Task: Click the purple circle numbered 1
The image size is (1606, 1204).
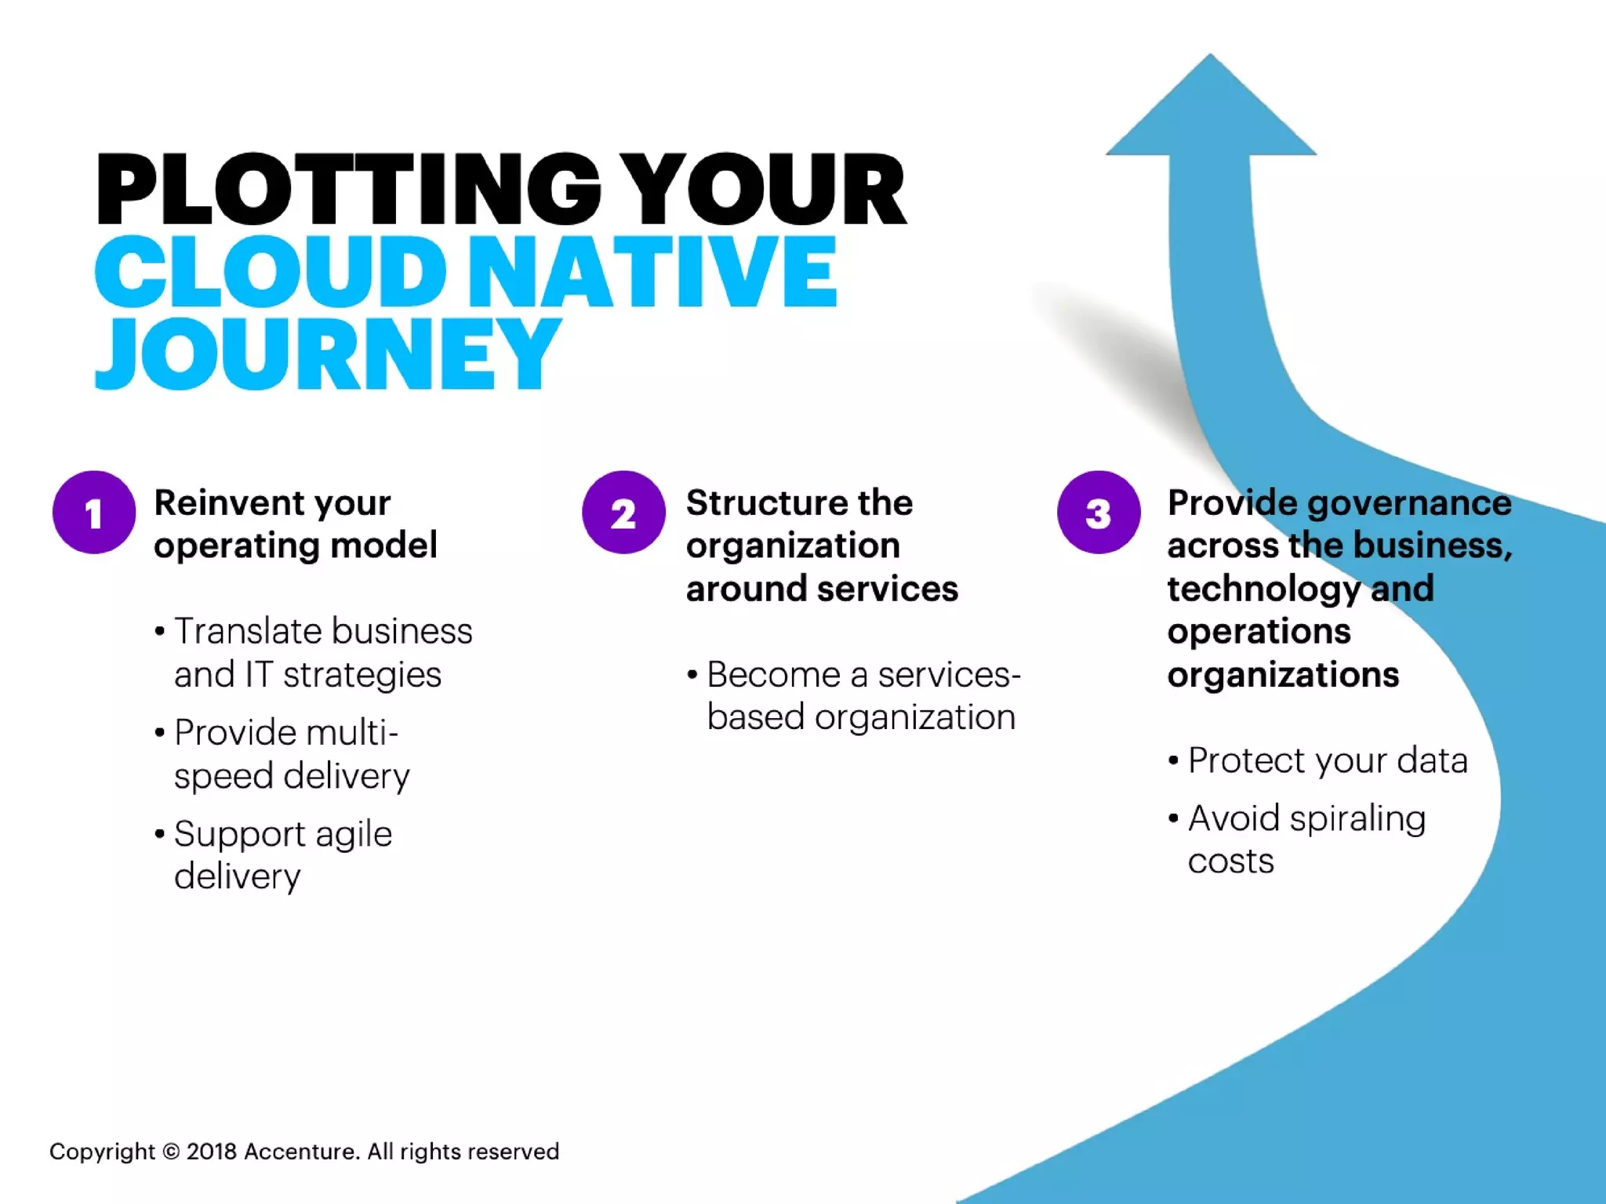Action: point(94,513)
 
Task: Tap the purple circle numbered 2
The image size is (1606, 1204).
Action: point(623,513)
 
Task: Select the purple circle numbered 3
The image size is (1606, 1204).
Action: point(1098,513)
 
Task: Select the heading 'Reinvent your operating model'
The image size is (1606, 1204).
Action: point(295,524)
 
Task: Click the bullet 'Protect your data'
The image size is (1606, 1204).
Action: point(1327,760)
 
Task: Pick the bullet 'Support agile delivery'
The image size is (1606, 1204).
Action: point(282,854)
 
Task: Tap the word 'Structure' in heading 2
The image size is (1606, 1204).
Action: point(761,503)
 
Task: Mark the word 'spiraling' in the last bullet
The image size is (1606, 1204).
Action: point(1357,819)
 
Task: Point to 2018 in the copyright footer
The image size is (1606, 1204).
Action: point(211,1151)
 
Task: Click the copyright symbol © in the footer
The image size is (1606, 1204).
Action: point(171,1151)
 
